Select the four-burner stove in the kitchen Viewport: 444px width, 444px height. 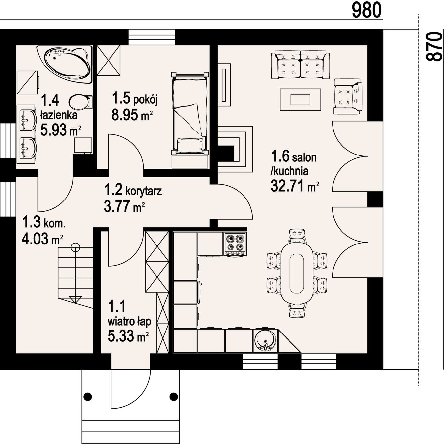(x=235, y=244)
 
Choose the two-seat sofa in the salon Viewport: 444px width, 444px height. (x=300, y=66)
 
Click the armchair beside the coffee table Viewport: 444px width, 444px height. (x=348, y=97)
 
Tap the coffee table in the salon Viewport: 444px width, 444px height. (x=300, y=100)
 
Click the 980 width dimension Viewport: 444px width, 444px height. (x=367, y=11)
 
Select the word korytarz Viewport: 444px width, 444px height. (x=144, y=191)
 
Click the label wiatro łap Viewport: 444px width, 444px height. (x=129, y=321)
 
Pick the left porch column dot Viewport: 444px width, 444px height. (x=88, y=397)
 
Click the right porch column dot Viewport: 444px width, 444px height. (x=173, y=397)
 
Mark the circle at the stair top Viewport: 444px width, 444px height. (x=75, y=247)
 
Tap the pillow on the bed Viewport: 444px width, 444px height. (x=190, y=146)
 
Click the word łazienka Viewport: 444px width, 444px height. (x=59, y=115)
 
